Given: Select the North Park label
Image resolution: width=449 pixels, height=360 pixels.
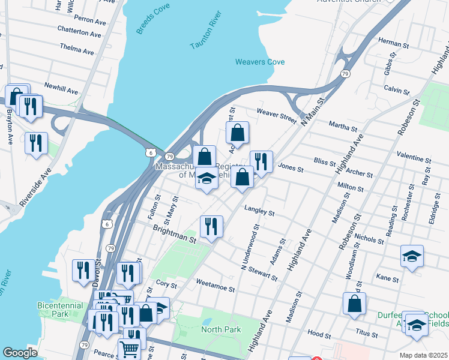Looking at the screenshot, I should coord(221,329).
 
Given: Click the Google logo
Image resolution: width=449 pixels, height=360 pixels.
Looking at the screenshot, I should coord(20,353).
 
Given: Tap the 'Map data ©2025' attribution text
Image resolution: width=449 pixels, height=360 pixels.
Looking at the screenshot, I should coord(423,355).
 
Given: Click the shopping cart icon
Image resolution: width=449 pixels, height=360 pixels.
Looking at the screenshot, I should coord(130,349).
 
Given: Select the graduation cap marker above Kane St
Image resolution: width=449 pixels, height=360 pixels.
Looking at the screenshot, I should coord(412,256).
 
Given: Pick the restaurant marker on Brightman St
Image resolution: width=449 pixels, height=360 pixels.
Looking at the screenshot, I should coord(211,227).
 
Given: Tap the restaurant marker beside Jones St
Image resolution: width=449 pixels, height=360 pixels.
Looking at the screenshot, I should coord(261,162).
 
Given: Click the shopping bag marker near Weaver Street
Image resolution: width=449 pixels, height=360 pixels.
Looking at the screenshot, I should coord(238,133).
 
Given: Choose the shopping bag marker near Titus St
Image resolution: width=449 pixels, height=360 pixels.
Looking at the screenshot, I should coord(355,304).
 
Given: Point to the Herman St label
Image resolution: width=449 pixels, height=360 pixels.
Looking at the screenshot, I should coord(394,44).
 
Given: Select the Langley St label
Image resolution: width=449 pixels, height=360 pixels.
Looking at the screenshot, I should coord(259,212).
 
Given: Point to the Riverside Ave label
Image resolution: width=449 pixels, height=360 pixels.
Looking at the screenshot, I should coord(34,187).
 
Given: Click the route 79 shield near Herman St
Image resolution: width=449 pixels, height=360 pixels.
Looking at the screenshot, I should coord(345,73).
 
